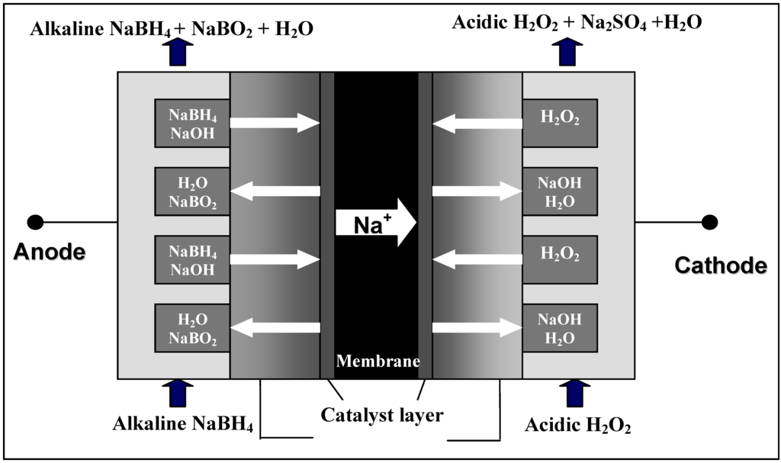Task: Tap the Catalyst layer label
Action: click(x=381, y=416)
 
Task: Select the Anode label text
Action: click(x=50, y=252)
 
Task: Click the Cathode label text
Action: click(x=721, y=265)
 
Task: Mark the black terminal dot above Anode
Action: click(x=34, y=222)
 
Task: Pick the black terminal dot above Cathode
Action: click(x=709, y=222)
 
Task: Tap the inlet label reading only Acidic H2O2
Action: click(x=577, y=425)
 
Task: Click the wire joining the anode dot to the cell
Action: click(x=76, y=222)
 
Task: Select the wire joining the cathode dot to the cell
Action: click(x=671, y=222)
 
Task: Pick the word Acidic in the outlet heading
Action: click(x=477, y=23)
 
